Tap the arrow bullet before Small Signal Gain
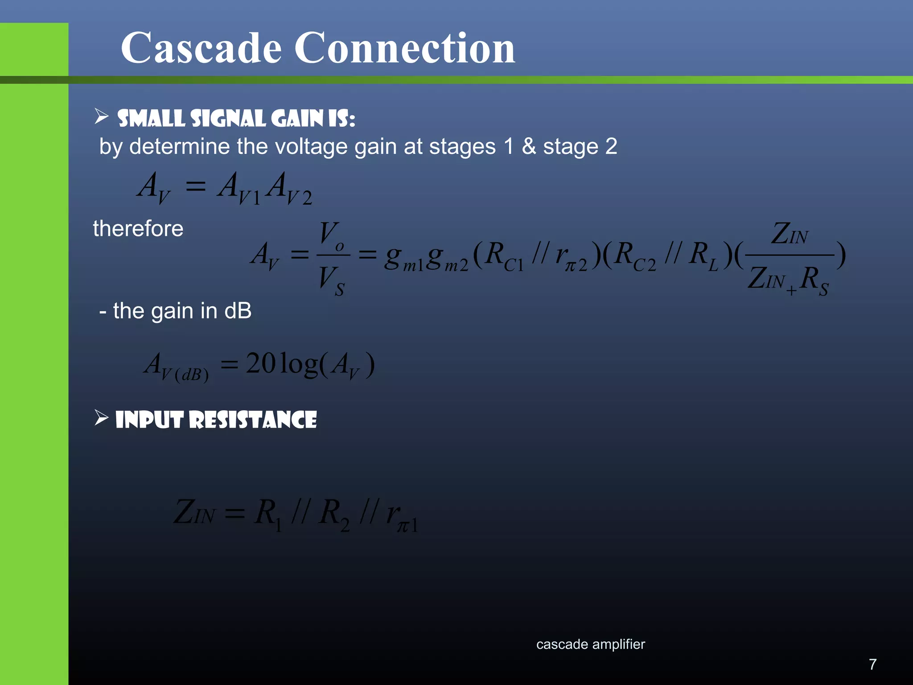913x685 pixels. tap(102, 117)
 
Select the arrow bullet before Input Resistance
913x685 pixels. tap(102, 418)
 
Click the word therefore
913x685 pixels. tap(138, 229)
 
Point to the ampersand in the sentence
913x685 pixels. tap(528, 146)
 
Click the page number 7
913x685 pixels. tap(872, 664)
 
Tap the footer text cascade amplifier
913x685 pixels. tap(590, 644)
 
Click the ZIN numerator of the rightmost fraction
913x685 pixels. tap(790, 235)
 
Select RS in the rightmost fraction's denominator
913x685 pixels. tap(814, 280)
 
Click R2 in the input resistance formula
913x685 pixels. tap(334, 514)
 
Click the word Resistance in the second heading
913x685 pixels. tap(253, 420)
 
